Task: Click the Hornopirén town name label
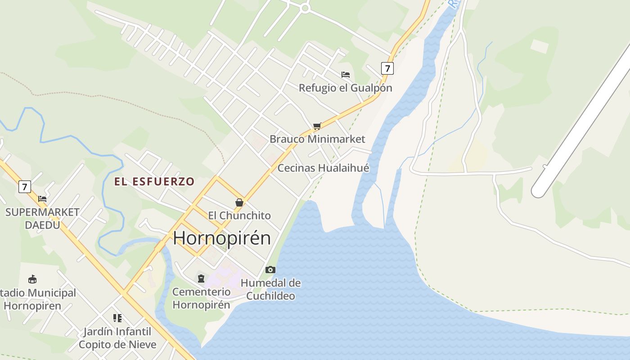click(x=222, y=238)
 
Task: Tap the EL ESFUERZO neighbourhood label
click(x=154, y=182)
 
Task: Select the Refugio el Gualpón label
click(x=346, y=88)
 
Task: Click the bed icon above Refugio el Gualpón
click(x=346, y=75)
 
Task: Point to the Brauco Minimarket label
click(x=317, y=139)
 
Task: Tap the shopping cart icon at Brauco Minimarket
click(x=317, y=126)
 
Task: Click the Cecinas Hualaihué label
click(x=323, y=168)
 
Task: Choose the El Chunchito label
click(x=239, y=216)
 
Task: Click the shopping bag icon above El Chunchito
click(x=239, y=203)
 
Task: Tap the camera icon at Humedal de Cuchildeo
click(x=270, y=270)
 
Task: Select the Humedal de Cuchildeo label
click(x=270, y=289)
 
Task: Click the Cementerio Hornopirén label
click(x=201, y=298)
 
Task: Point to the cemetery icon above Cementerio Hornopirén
click(x=201, y=279)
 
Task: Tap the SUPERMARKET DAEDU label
click(x=42, y=218)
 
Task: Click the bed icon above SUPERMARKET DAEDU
click(x=42, y=198)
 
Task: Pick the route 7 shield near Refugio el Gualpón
click(x=387, y=68)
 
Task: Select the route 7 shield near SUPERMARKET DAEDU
click(x=25, y=186)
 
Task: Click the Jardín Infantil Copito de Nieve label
click(x=117, y=338)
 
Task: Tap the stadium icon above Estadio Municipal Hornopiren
click(x=32, y=279)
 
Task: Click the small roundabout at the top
click(x=306, y=8)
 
